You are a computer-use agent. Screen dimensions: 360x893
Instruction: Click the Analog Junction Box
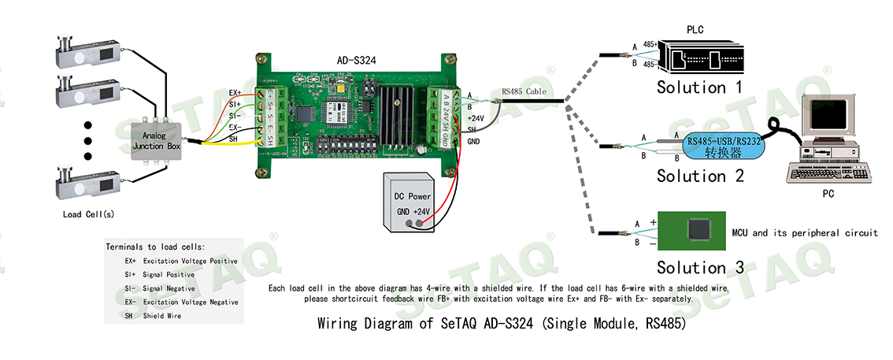(x=157, y=141)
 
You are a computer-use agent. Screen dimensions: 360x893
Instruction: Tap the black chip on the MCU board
(x=698, y=229)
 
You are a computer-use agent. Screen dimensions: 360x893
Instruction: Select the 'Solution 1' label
(x=699, y=87)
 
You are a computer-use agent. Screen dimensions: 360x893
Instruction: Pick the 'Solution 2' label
(x=699, y=176)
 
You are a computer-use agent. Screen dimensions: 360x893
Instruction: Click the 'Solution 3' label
(x=699, y=267)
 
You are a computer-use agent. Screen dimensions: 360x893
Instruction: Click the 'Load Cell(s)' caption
(x=86, y=214)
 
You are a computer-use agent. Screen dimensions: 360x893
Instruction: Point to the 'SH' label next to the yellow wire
(x=233, y=139)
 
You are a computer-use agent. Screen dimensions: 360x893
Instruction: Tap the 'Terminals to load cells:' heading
(x=154, y=247)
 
